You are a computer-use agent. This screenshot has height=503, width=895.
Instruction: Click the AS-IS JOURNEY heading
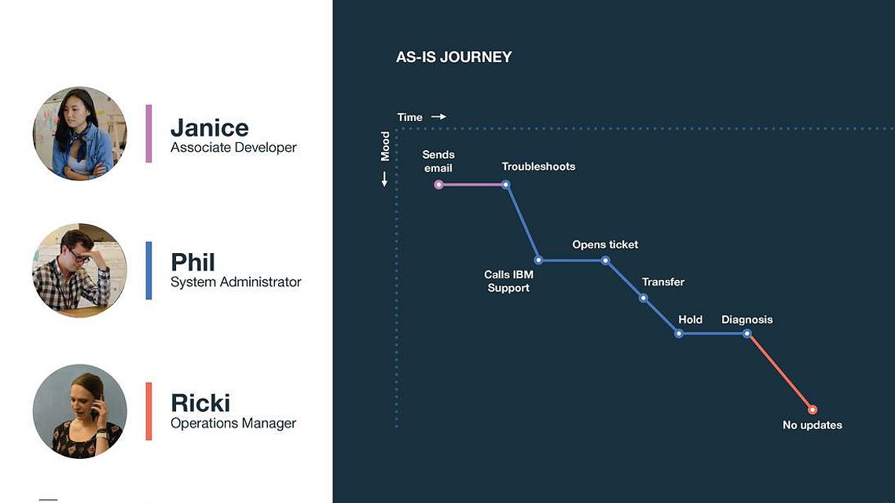(x=453, y=57)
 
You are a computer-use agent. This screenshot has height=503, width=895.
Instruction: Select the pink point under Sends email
(x=438, y=185)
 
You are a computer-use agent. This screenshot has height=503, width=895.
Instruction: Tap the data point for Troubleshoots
(x=506, y=185)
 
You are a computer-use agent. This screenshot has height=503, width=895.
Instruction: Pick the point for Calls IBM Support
(x=538, y=260)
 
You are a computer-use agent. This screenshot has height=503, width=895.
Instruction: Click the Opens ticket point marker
(x=606, y=260)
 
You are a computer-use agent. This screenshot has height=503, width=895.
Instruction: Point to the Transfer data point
(x=644, y=298)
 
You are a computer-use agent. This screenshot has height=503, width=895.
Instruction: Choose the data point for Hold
(x=679, y=333)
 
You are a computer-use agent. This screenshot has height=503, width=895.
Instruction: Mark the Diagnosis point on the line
(x=746, y=333)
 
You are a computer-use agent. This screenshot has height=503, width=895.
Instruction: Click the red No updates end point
(x=812, y=409)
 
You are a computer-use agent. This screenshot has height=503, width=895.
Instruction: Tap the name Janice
(x=210, y=128)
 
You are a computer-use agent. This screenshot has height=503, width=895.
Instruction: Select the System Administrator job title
(x=236, y=282)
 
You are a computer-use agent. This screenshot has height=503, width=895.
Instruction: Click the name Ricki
(x=200, y=403)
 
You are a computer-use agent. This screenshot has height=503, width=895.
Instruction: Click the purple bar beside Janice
(x=149, y=134)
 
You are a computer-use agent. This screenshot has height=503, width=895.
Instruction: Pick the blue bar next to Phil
(x=149, y=270)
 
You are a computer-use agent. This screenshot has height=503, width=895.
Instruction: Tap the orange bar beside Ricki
(x=149, y=411)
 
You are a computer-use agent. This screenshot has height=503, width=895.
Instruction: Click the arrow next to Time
(x=438, y=116)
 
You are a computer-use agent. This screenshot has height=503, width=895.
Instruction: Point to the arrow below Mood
(x=384, y=179)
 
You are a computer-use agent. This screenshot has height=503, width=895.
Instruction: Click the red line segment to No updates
(x=779, y=372)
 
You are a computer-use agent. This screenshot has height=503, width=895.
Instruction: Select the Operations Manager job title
(x=233, y=423)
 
